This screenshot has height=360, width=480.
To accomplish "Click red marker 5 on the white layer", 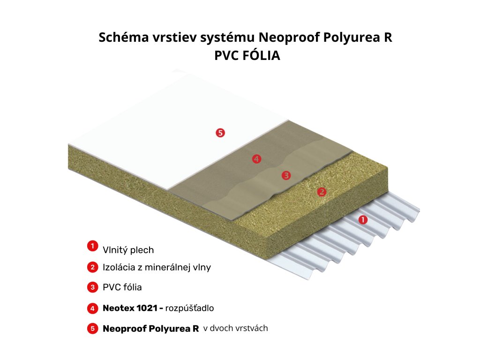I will coord(220,133).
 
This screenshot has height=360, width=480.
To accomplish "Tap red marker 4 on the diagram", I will coord(256,159).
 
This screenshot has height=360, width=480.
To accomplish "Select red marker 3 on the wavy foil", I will coord(286,175).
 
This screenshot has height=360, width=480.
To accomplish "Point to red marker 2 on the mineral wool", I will coord(322,191).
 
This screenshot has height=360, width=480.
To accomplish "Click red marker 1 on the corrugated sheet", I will coord(363,219).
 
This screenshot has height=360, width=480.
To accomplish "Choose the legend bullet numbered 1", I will coord(92,246).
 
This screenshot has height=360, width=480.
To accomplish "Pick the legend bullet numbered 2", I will coord(92,268).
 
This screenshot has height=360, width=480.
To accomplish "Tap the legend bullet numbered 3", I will coord(92,287).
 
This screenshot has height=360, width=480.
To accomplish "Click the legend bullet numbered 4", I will coord(92,308).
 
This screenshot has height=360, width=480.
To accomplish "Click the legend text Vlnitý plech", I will coord(128,250).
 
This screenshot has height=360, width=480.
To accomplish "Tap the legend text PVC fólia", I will coord(122,287).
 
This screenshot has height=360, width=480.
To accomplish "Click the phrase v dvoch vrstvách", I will coord(236,328).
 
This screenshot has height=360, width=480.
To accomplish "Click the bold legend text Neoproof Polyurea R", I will coord(150,329).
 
